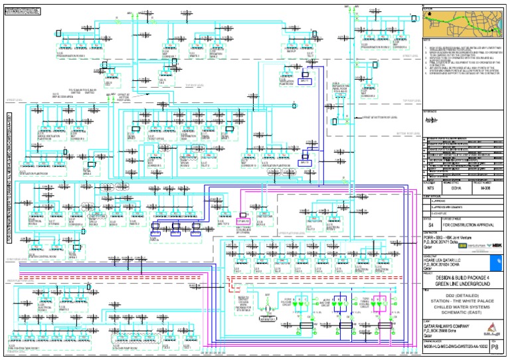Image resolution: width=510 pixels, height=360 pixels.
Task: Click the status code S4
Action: click(x=430, y=225)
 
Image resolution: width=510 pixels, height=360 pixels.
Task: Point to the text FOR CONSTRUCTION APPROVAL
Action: click(x=469, y=225)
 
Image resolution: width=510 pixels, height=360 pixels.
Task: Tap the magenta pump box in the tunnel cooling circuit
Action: click(x=382, y=300)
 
